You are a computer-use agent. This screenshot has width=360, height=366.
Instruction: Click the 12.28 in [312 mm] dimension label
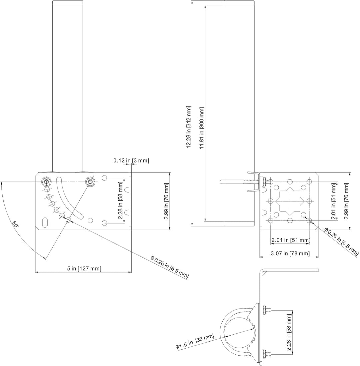coord(189,127)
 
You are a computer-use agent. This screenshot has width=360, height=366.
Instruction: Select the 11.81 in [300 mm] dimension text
coord(202,128)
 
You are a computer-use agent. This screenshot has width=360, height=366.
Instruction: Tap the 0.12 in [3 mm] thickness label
coord(131,160)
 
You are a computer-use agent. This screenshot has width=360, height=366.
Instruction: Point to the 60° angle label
coord(15,225)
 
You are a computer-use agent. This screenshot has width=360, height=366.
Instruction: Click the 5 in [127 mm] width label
coord(84,269)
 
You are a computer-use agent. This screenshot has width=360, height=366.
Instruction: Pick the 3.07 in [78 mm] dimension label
coord(290,253)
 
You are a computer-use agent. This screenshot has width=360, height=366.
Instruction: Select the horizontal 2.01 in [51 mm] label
coord(291,240)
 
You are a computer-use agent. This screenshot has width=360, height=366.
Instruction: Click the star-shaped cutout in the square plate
coord(290,201)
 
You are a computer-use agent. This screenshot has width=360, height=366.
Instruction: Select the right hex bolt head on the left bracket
coord(90,181)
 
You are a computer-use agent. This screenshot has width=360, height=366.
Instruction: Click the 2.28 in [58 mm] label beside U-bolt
coord(289,332)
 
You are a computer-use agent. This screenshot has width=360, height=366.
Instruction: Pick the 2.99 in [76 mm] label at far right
coord(347,201)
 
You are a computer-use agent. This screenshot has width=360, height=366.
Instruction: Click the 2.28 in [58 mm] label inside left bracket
coord(121,201)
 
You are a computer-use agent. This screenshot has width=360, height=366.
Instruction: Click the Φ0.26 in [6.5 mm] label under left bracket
coord(170,267)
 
